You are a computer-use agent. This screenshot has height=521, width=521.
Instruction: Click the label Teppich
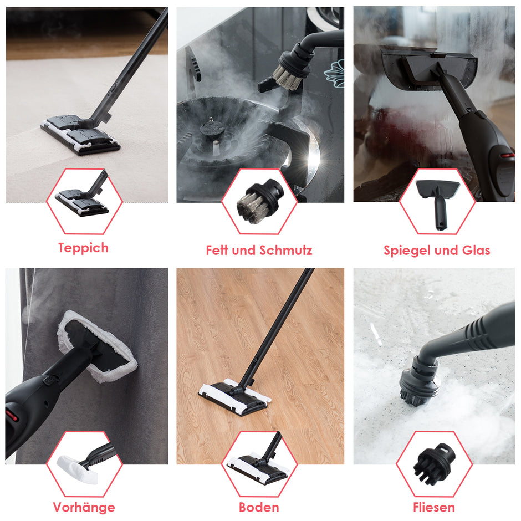tap(83, 248)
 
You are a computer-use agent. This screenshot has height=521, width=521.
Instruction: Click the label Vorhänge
tap(84, 507)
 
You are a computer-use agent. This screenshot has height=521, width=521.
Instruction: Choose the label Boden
tap(259, 507)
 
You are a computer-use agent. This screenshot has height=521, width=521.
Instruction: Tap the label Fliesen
tap(434, 507)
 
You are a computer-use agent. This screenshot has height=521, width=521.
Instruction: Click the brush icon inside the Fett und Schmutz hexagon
tap(259, 202)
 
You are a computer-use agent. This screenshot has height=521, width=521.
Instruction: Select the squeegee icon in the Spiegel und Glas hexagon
tap(438, 203)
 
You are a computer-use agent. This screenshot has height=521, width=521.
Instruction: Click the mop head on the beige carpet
tap(80, 135)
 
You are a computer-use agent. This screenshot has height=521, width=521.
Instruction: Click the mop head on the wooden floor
tap(234, 397)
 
